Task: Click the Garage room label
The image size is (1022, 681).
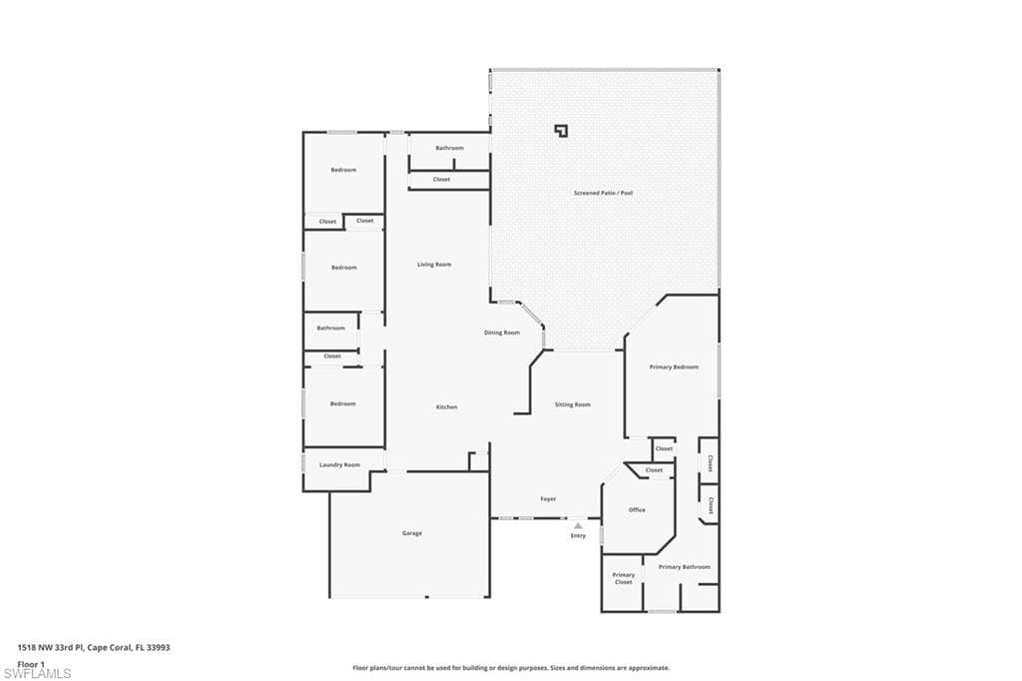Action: tap(412, 533)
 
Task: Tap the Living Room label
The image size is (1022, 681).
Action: tap(434, 265)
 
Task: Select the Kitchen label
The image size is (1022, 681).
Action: tap(446, 407)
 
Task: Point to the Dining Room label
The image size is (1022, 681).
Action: tap(502, 333)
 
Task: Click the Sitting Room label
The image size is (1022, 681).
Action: tap(573, 404)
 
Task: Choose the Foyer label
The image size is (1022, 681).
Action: tap(548, 499)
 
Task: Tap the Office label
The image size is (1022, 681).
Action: tap(637, 510)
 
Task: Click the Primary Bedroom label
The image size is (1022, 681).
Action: tap(674, 367)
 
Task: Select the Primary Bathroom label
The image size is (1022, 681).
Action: tap(685, 567)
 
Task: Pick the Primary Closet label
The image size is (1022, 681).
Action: tap(624, 578)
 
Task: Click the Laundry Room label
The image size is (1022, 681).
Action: tap(339, 465)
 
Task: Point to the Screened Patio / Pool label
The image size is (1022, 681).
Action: tap(603, 193)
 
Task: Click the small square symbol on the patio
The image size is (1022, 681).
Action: tap(561, 131)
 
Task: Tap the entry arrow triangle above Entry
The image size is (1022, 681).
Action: tap(578, 526)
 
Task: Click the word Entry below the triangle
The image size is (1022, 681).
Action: tap(578, 535)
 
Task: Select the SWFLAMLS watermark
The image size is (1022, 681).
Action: tap(37, 673)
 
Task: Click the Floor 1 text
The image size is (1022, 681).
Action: tap(31, 664)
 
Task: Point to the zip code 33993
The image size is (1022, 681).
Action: tap(159, 648)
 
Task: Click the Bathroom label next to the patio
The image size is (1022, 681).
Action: tap(450, 148)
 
